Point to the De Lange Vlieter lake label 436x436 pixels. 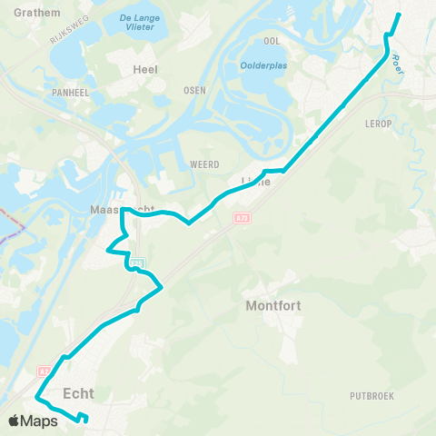point(137,23)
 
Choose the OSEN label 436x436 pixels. point(194,90)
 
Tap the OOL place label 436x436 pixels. point(271,41)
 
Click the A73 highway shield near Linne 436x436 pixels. point(241,219)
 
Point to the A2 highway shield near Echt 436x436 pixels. point(43,371)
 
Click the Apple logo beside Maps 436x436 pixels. point(15,421)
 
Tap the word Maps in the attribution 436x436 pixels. point(40,421)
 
